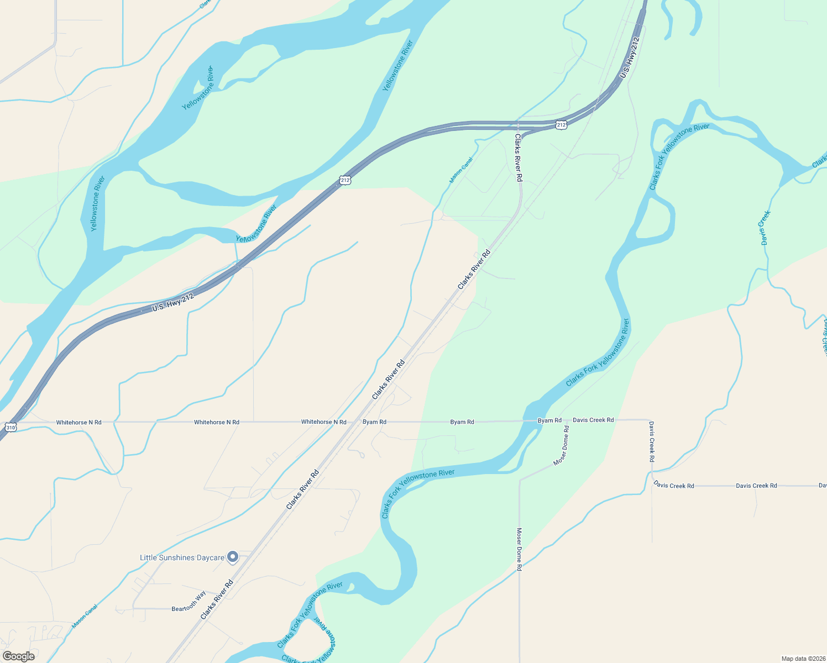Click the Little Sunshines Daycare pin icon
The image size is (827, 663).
[233, 557]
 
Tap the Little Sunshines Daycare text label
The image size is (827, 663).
[182, 557]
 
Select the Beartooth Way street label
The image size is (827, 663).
[189, 602]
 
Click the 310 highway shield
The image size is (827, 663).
[11, 427]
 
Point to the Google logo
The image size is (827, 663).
[19, 656]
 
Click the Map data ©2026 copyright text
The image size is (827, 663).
[802, 659]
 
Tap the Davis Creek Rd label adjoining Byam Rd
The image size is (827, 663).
[593, 420]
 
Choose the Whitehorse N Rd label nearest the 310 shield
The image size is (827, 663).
[78, 423]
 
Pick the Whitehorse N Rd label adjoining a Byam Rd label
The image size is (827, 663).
[323, 422]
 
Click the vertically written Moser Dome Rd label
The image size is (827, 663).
[519, 549]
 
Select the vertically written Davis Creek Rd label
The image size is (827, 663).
[652, 441]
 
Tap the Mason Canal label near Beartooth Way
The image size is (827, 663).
[85, 616]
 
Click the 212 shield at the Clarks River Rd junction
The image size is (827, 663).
[561, 125]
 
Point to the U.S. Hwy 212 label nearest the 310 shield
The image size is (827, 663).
[173, 302]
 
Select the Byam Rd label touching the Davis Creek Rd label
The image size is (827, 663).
[549, 420]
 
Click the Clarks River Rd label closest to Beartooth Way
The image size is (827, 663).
[217, 599]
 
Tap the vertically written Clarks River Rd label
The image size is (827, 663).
[519, 158]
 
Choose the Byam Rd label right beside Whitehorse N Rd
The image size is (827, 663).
[374, 422]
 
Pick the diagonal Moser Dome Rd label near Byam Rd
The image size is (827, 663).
[562, 445]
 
